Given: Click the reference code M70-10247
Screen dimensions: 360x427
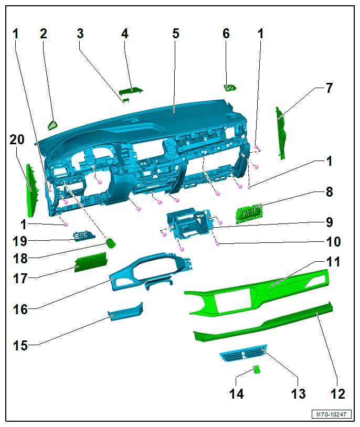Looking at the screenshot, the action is pyautogui.click(x=331, y=414).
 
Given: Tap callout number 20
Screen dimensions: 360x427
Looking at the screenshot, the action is pyautogui.click(x=17, y=140).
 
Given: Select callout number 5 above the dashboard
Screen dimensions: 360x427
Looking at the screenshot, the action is pyautogui.click(x=176, y=34).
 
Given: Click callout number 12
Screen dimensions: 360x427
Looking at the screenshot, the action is pyautogui.click(x=337, y=394).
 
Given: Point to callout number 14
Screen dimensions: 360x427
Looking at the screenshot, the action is pyautogui.click(x=237, y=394).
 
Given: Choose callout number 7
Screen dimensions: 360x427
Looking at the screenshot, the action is pyautogui.click(x=330, y=88).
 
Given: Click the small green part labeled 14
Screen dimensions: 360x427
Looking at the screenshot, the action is pyautogui.click(x=257, y=370).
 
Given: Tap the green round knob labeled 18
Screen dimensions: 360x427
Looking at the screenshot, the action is pyautogui.click(x=111, y=243).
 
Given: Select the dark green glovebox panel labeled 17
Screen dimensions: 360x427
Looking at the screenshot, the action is pyautogui.click(x=91, y=262).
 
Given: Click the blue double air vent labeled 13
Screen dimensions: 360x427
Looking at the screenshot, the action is pyautogui.click(x=243, y=353).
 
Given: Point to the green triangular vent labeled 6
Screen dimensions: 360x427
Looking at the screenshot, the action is pyautogui.click(x=230, y=88).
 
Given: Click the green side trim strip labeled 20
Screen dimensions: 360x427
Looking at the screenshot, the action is pyautogui.click(x=31, y=190).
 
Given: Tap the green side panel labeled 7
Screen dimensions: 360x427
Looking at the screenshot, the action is pyautogui.click(x=280, y=133).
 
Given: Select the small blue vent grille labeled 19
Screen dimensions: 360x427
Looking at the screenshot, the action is pyautogui.click(x=84, y=236).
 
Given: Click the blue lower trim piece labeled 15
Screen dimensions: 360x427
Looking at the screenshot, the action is pyautogui.click(x=125, y=312).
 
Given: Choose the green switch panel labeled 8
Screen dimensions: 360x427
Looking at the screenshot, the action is pyautogui.click(x=249, y=213).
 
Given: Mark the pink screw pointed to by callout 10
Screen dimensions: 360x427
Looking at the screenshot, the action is pyautogui.click(x=217, y=243).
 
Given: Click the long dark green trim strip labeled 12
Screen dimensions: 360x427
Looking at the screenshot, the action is pyautogui.click(x=263, y=322).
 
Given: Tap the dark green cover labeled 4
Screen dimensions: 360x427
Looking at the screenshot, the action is pyautogui.click(x=131, y=91).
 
